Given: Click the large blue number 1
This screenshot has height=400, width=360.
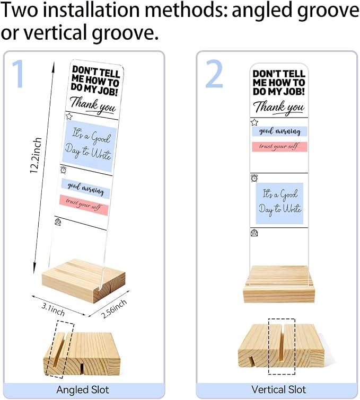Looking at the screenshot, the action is point(19,74).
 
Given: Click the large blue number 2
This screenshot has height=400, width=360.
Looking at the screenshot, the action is point(214,74).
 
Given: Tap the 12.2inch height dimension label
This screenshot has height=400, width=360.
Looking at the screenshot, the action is point(36,156).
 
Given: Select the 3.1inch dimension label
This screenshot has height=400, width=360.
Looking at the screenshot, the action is point(53,309).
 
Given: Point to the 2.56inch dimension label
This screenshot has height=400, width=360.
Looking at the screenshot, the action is point(114,309).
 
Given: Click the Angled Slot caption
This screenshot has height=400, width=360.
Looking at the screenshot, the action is point(83,390).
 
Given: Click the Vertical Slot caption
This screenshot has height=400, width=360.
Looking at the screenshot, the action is point(278,389).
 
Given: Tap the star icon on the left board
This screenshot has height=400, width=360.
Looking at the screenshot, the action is point(69,117).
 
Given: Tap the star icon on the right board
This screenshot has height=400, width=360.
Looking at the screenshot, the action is point(254,122).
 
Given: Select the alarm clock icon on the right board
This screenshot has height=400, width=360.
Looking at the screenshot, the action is point(254,178).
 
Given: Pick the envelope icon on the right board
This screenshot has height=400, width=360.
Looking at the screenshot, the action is point(254,233).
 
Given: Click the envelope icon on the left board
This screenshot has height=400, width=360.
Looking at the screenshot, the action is point(58,222).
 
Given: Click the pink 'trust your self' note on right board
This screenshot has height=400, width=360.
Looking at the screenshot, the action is point(279,147).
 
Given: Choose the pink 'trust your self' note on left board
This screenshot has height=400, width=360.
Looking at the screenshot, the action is point(84,205).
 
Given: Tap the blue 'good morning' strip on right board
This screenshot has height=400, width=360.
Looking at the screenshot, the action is point(279,131).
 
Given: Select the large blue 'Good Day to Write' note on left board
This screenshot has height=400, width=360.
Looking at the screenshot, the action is point(89,146).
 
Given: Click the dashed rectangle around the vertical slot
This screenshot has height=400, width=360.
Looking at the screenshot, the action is point(268,346).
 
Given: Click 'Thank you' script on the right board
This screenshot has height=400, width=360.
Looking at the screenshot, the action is point(279,107).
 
